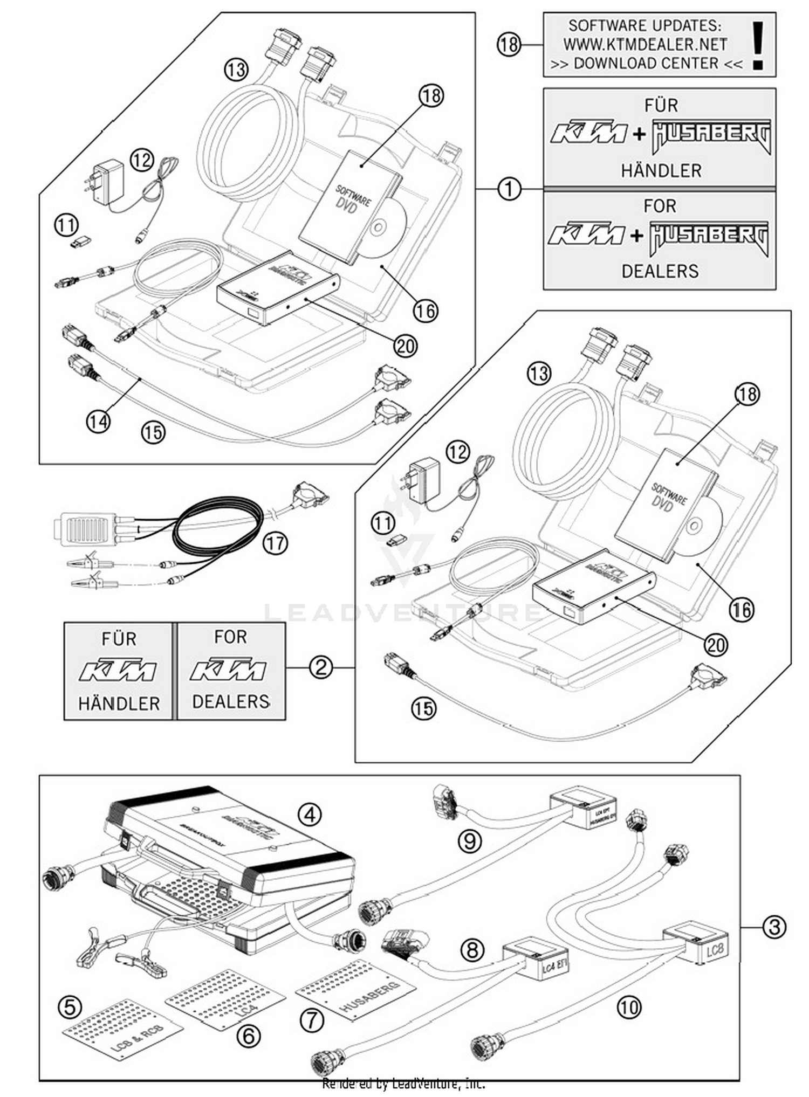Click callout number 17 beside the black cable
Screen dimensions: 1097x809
pyautogui.click(x=275, y=543)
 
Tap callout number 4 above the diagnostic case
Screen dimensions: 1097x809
pyautogui.click(x=310, y=814)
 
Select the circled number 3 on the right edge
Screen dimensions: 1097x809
pyautogui.click(x=774, y=927)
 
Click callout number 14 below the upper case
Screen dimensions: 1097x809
pyautogui.click(x=98, y=421)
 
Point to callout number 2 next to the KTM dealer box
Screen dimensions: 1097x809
pyautogui.click(x=320, y=668)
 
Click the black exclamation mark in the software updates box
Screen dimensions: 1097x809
pyautogui.click(x=758, y=45)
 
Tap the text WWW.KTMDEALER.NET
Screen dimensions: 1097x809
pyautogui.click(x=645, y=44)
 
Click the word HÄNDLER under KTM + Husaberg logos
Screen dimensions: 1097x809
pyautogui.click(x=661, y=171)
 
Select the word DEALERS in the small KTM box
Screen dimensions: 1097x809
pyautogui.click(x=230, y=701)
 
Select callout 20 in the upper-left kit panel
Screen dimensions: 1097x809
pyautogui.click(x=405, y=346)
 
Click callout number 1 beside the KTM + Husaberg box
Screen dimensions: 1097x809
pyautogui.click(x=509, y=189)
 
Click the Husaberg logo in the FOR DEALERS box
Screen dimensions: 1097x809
pyautogui.click(x=709, y=238)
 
